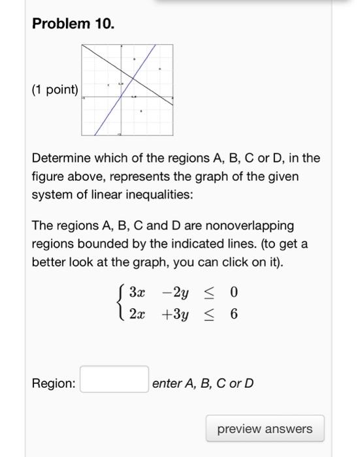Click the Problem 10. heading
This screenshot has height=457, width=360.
point(73,24)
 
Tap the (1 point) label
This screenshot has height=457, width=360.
point(55,90)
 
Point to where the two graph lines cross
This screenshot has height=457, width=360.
point(131,78)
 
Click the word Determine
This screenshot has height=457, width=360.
point(59,159)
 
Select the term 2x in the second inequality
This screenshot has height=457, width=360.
point(135,314)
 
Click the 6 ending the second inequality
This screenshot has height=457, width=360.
point(233,314)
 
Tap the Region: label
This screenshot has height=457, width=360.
point(54,383)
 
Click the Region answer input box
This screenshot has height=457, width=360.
point(114,379)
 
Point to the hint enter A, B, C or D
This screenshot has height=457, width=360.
point(203,383)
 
